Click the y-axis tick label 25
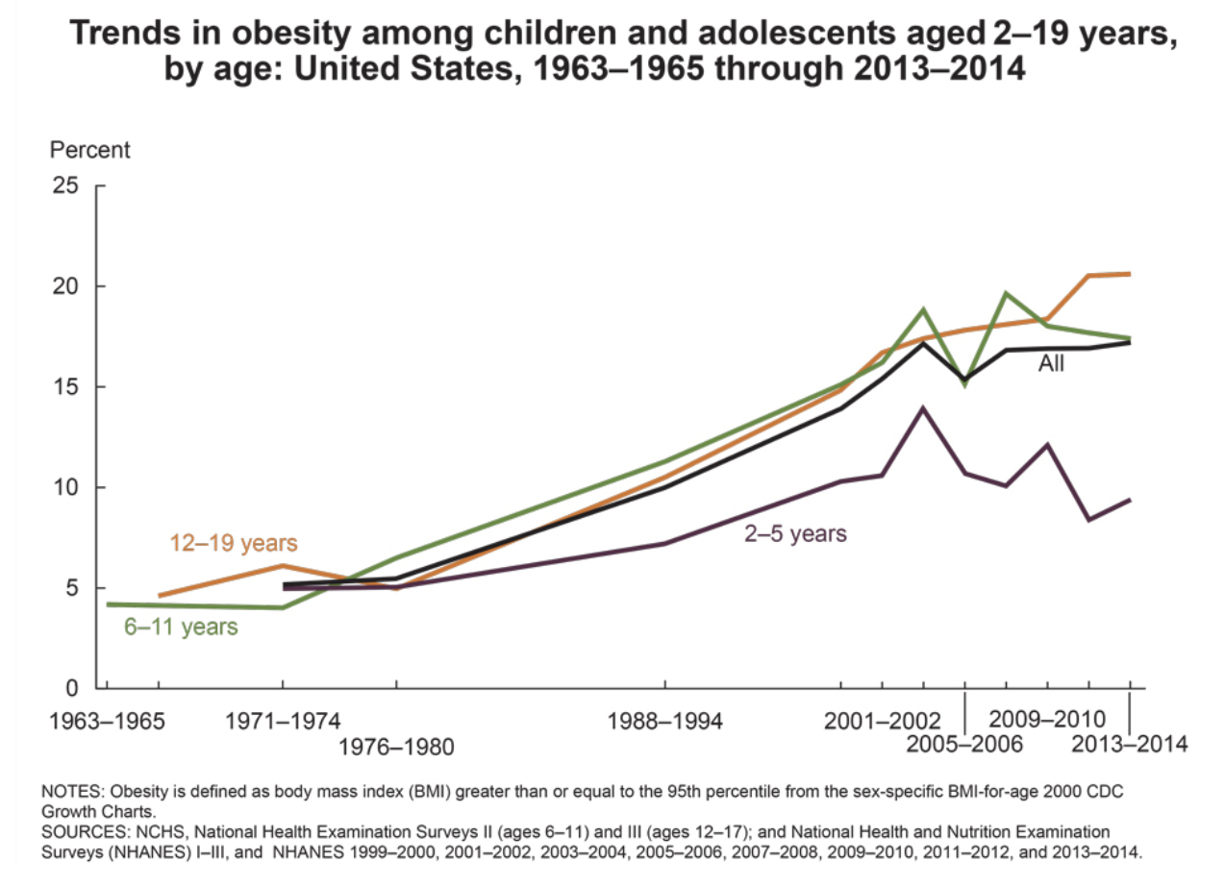64,185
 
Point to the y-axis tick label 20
64,286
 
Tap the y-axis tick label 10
64,487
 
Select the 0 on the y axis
71,688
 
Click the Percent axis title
89,150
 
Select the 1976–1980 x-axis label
396,746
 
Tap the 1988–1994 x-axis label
665,721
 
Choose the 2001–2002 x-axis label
882,721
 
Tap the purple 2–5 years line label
795,533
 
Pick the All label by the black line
1051,364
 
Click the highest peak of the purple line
923,408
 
